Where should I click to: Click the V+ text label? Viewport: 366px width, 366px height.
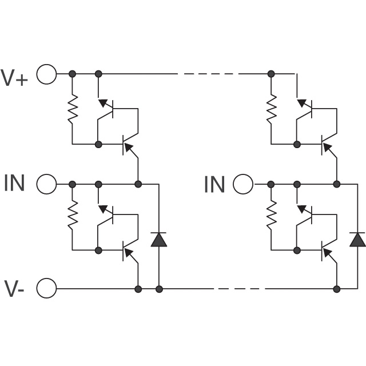tap(14, 78)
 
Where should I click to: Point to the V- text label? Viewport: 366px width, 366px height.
tap(14, 288)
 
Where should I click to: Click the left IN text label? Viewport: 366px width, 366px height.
tap(14, 183)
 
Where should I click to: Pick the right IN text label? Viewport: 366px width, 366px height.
tap(214, 184)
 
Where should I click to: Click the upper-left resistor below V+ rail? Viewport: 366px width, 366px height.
tap(73, 109)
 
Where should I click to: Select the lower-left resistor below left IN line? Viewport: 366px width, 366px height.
tap(73, 215)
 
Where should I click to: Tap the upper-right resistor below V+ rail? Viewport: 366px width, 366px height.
tap(271, 109)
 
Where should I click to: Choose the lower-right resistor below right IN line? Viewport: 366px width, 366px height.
tap(271, 215)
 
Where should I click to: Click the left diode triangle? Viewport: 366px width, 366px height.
tap(159, 240)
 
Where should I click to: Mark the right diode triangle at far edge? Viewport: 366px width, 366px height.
tap(357, 240)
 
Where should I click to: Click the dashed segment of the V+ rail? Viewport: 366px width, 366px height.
tap(208, 74)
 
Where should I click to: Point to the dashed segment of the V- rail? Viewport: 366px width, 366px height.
tap(239, 289)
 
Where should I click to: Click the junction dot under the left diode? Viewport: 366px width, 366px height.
tap(159, 289)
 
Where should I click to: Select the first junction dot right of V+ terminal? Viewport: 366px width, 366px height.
tap(73, 74)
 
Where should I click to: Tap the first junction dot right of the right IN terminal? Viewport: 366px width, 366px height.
tap(271, 184)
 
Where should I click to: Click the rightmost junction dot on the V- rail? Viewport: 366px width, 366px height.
tap(337, 289)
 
